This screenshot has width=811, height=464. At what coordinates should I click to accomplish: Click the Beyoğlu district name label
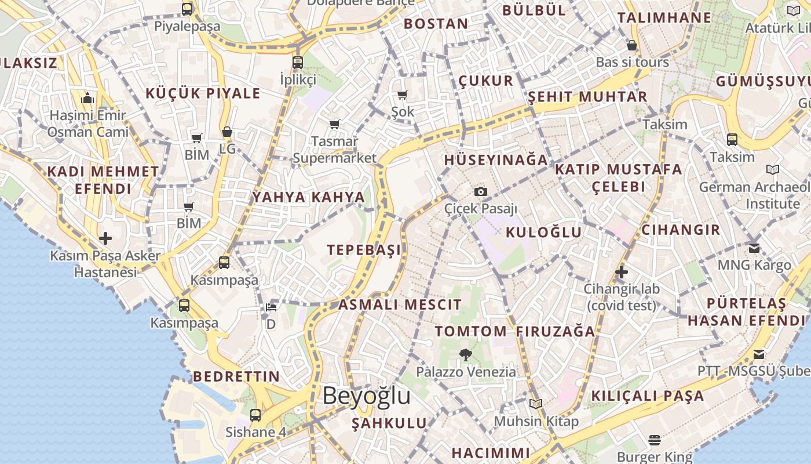pos(366,396)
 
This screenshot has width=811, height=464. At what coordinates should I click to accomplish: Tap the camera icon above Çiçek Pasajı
pos(480,191)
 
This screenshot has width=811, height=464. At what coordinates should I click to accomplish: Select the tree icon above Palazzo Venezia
pos(465,354)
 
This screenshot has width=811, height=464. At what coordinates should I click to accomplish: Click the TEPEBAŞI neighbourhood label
pos(364,250)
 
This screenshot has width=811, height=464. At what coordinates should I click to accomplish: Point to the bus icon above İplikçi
pos(298,62)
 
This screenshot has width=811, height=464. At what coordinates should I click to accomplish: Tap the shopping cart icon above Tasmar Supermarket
pos(334,124)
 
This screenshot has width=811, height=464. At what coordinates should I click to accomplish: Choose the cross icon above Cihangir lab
pos(622,271)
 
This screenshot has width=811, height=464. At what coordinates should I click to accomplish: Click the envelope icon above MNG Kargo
pos(754,248)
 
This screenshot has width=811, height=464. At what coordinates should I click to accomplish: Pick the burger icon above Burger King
pos(655,440)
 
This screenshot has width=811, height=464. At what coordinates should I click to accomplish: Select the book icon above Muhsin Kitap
pos(536,404)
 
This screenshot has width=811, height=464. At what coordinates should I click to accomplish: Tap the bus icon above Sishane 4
pos(255,415)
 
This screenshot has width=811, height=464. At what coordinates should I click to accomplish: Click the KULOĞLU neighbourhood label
pos(543,233)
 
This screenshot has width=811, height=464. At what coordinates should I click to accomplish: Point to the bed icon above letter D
pos(271,307)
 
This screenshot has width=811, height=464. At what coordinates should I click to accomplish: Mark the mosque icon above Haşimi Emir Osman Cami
pos(87,98)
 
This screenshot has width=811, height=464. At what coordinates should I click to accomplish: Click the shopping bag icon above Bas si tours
pos(632,45)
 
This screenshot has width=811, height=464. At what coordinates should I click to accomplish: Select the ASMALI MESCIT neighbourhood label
pos(400,304)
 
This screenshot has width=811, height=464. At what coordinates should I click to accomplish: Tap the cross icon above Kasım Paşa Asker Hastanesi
pos(105,238)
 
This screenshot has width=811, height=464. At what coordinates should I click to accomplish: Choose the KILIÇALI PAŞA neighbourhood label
pos(647,396)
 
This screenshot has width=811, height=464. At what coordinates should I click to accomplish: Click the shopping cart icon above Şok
pos(403,95)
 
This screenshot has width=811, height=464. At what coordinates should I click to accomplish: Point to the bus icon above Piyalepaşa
pos(187,9)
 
